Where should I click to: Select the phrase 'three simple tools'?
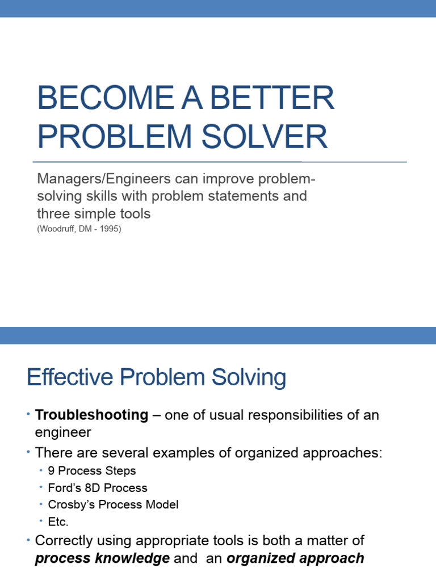(94, 214)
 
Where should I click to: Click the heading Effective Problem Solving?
(156, 378)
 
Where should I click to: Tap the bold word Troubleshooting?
(91, 415)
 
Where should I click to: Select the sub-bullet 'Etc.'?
(58, 521)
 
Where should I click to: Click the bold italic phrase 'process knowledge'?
(102, 558)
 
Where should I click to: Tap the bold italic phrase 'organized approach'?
(295, 558)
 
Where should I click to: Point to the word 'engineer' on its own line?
(63, 433)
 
